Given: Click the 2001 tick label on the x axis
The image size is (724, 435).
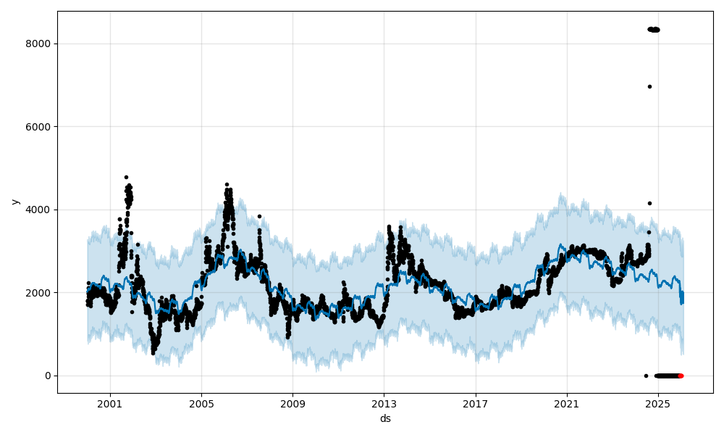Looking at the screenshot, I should click(110, 404).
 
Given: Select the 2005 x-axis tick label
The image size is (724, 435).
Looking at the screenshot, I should click(201, 404).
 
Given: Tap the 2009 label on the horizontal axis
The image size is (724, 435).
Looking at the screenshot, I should click(292, 404).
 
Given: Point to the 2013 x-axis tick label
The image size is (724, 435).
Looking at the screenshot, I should click(384, 404).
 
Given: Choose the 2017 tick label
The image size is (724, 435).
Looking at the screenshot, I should click(475, 404).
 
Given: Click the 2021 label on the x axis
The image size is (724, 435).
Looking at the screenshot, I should click(566, 404).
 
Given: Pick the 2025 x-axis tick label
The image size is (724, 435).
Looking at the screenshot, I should click(657, 404).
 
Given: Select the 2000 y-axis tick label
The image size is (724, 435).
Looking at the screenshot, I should click(39, 293).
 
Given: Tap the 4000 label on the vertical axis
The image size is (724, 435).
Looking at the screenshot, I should click(39, 210).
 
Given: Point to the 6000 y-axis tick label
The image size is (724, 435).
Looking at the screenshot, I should click(39, 127).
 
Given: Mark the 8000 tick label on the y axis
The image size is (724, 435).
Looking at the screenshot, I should click(39, 43).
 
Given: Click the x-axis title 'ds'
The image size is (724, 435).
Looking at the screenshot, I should click(385, 418).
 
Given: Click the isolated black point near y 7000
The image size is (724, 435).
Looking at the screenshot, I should click(649, 86).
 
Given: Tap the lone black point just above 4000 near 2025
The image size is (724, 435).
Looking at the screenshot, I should click(649, 203).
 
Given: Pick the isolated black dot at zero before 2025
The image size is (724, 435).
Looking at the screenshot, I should click(646, 376).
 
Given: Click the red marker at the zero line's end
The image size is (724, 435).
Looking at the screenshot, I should click(681, 376).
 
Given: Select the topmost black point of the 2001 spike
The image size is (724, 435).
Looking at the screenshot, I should click(126, 177).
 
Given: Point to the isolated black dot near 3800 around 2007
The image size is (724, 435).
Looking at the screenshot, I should click(259, 216).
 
